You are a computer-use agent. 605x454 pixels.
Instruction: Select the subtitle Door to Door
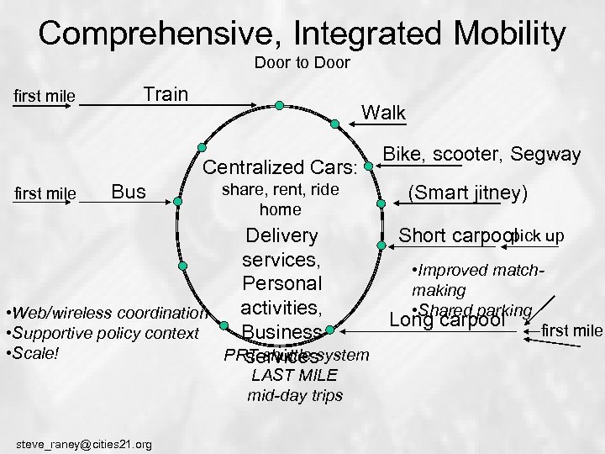coord(302,63)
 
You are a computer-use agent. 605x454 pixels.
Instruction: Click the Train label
coord(166,92)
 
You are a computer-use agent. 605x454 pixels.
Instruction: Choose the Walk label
coord(382,112)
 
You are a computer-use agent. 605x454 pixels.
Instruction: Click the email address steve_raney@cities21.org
coord(84,444)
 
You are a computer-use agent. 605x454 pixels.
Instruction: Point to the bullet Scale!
coord(34,352)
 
